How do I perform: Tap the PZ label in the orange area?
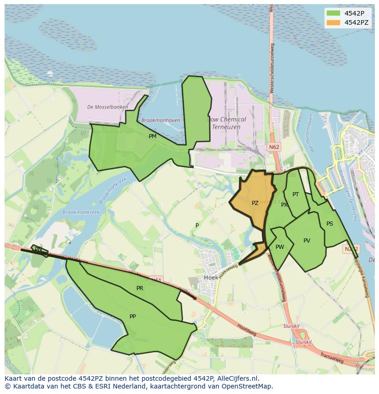pyautogui.click(x=255, y=203)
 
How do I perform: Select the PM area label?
pyautogui.click(x=152, y=136)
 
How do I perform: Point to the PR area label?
pyautogui.click(x=140, y=288)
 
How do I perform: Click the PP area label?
pyautogui.click(x=133, y=316)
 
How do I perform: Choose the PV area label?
pyautogui.click(x=307, y=241)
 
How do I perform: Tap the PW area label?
pyautogui.click(x=280, y=247)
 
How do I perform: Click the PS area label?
pyautogui.click(x=330, y=224)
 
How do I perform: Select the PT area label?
pyautogui.click(x=296, y=194)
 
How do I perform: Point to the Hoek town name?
pyautogui.click(x=211, y=278)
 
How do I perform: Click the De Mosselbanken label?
pyautogui.click(x=108, y=107)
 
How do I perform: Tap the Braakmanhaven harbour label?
pyautogui.click(x=161, y=120)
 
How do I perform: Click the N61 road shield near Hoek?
pyautogui.click(x=156, y=279)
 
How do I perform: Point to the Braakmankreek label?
pyautogui.click(x=81, y=212)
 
